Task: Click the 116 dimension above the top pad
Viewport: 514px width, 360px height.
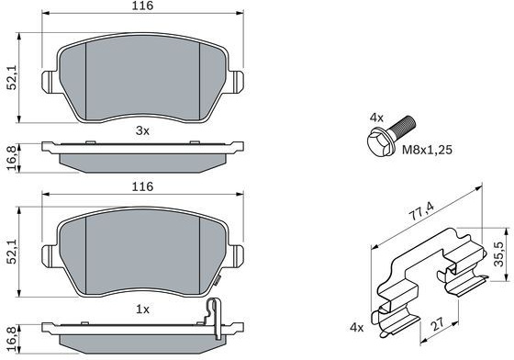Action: (x=142, y=6)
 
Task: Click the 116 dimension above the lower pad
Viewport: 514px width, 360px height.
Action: (x=142, y=186)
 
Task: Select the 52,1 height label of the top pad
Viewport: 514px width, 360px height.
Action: (x=13, y=79)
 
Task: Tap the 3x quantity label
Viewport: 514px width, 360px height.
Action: (x=142, y=130)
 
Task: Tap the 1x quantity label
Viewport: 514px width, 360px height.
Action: (x=142, y=309)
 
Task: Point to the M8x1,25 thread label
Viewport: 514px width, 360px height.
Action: (x=427, y=150)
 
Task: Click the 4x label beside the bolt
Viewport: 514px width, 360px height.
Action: (x=376, y=118)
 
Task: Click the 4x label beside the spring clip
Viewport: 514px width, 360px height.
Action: (x=357, y=327)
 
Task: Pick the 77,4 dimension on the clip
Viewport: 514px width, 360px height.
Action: (x=423, y=211)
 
